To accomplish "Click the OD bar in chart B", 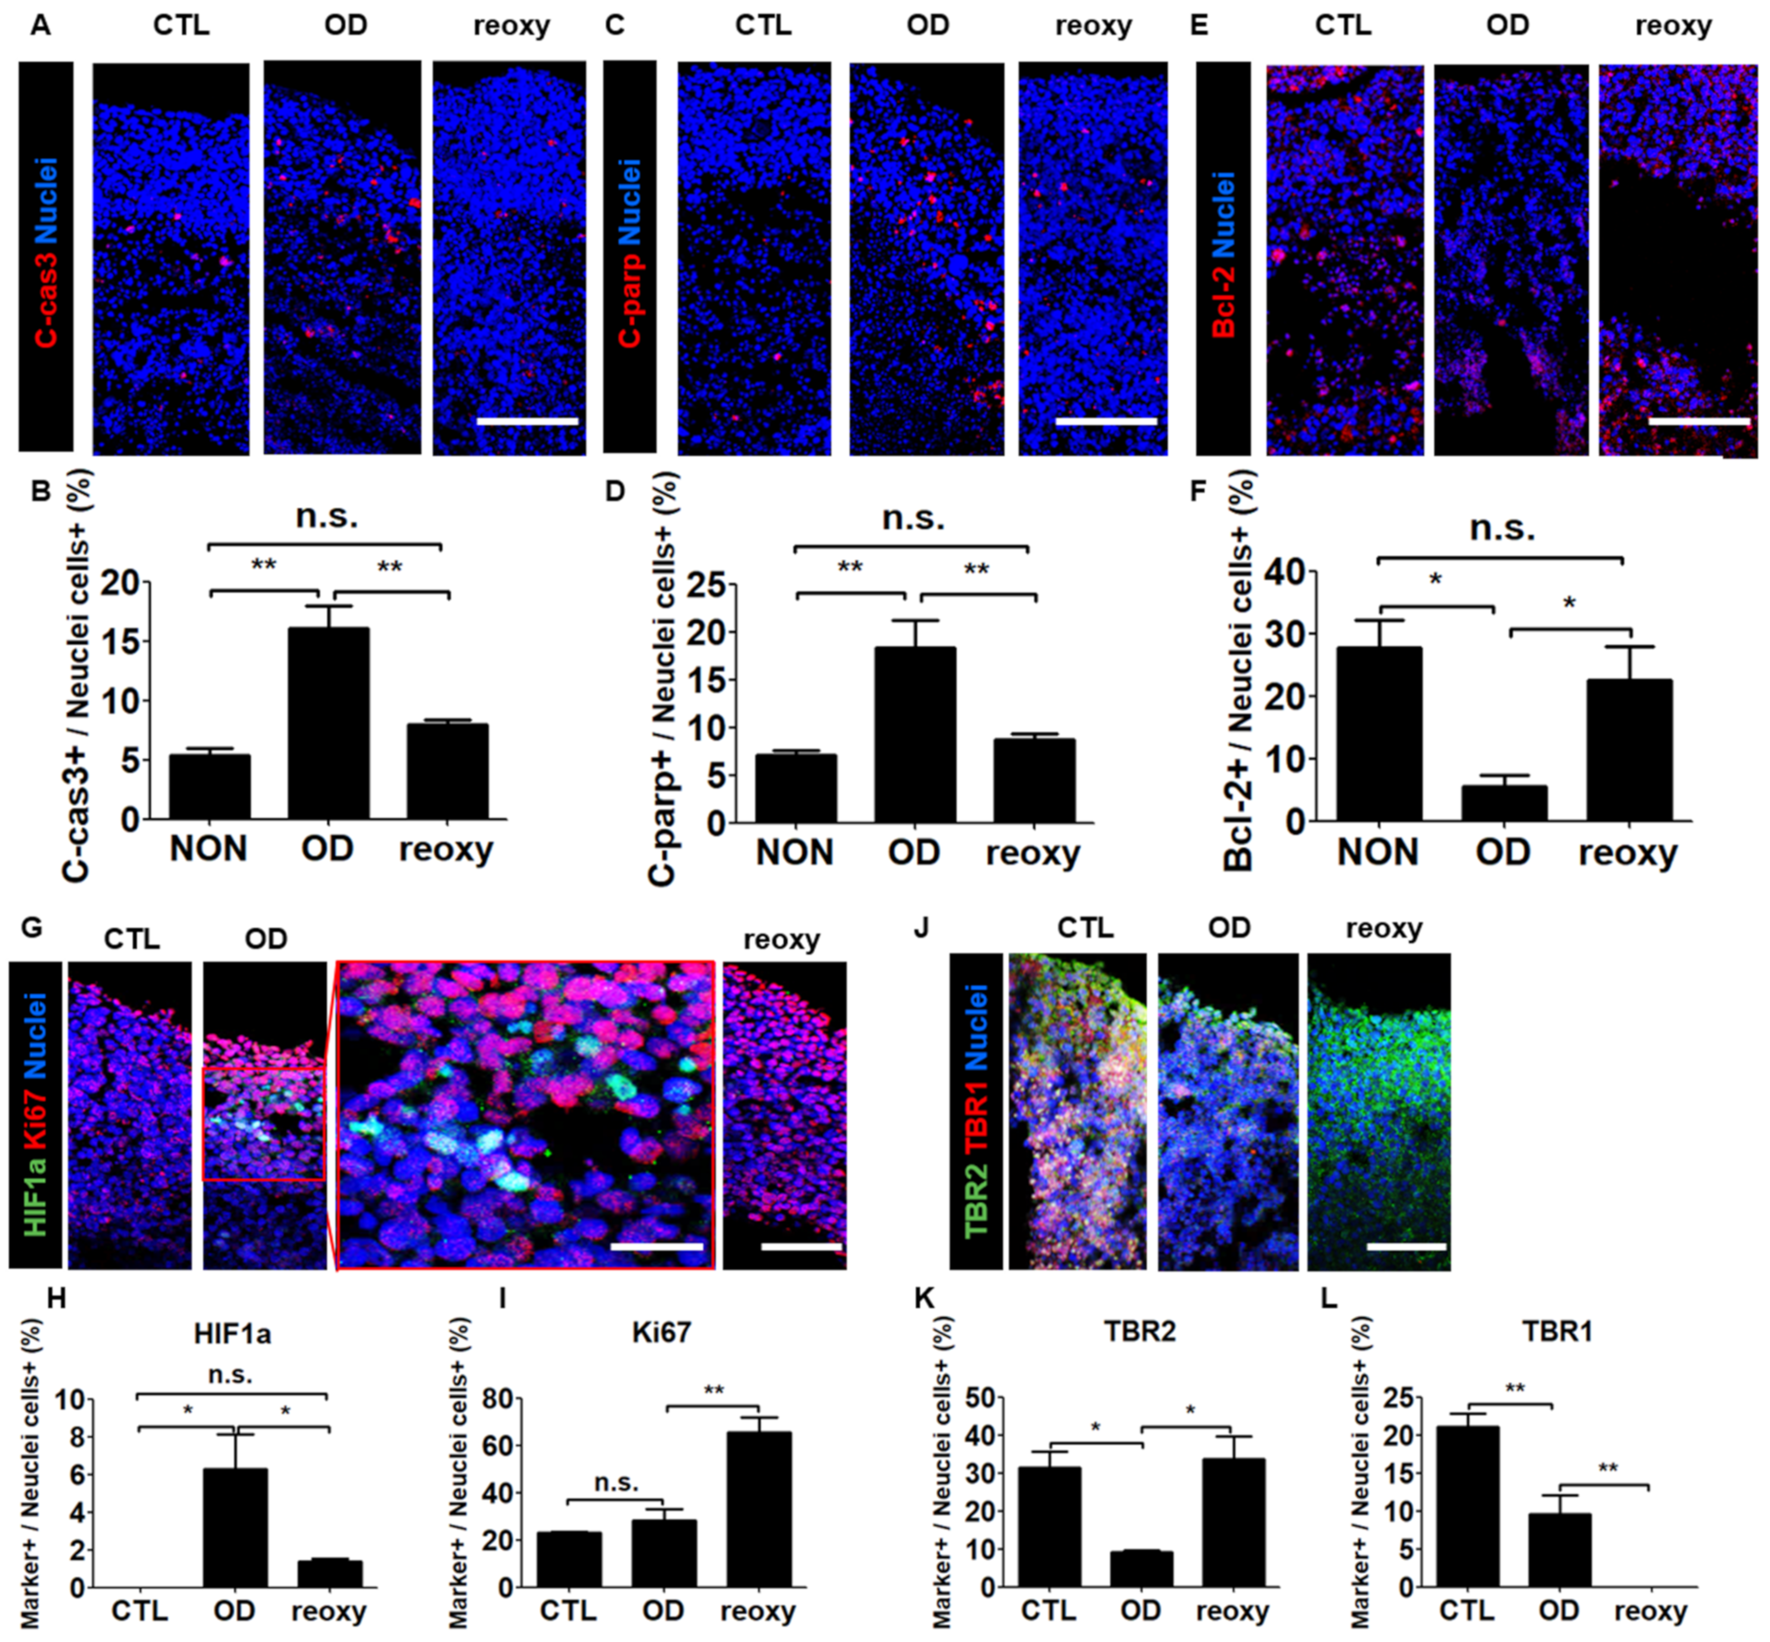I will [328, 723].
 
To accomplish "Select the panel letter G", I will [31, 928].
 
